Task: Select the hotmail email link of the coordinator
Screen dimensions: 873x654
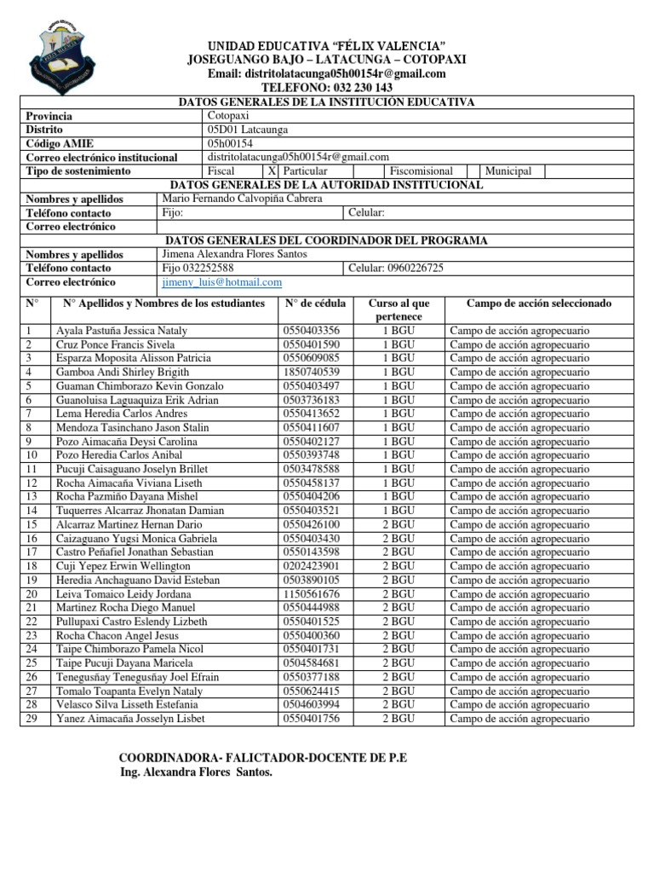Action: click(x=221, y=282)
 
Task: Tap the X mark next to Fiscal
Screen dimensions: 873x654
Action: click(x=272, y=171)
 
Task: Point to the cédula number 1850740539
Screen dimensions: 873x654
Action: click(x=312, y=372)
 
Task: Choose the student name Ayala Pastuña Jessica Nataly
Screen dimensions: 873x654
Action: click(x=122, y=331)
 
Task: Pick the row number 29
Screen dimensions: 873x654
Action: click(x=32, y=719)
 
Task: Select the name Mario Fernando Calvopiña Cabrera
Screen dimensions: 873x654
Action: click(x=242, y=199)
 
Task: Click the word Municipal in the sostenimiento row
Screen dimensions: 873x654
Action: click(x=508, y=171)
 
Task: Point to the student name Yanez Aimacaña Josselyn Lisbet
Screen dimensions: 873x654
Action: click(x=129, y=719)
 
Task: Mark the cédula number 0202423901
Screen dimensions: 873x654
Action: click(x=312, y=566)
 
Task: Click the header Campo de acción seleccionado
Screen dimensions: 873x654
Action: click(x=539, y=304)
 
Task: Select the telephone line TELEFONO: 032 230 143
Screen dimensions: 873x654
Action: click(x=326, y=88)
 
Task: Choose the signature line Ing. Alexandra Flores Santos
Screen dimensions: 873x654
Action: click(x=197, y=772)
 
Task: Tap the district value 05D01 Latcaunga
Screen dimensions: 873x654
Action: click(x=248, y=130)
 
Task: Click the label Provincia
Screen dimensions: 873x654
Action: click(x=49, y=116)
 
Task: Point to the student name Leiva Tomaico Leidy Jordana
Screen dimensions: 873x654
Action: click(x=123, y=594)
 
